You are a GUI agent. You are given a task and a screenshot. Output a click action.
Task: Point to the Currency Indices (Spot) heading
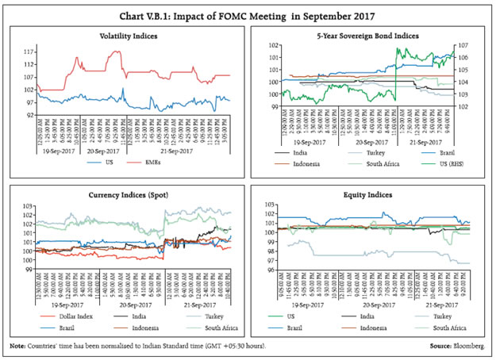click(x=128, y=194)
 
